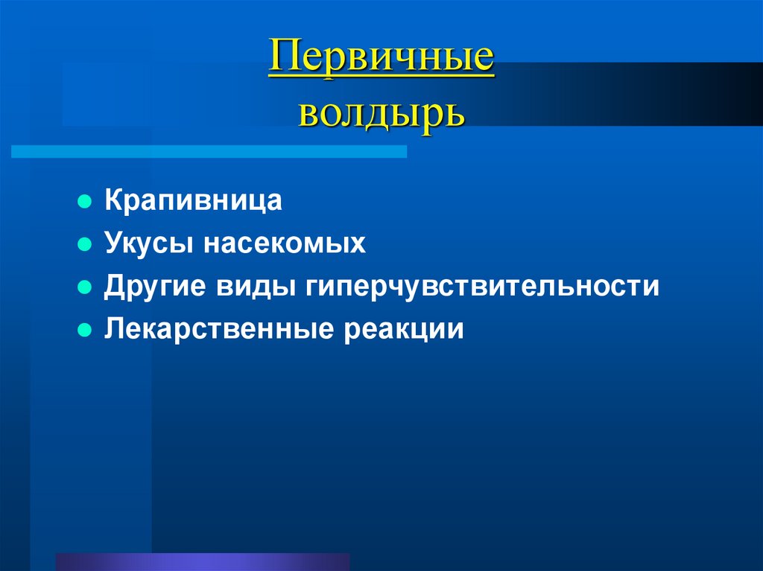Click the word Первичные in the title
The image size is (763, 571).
tap(381, 59)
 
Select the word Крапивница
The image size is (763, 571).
tap(193, 201)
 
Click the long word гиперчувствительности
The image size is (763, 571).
tap(481, 287)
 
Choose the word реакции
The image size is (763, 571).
tap(403, 329)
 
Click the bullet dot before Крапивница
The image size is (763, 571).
tap(85, 202)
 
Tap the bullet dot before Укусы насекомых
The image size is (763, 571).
tap(85, 244)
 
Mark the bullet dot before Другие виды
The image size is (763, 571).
tap(85, 287)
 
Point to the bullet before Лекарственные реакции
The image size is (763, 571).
tap(85, 330)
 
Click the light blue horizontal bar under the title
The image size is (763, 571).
tap(209, 151)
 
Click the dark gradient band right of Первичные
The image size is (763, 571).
tap(633, 93)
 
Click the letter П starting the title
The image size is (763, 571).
tap(284, 59)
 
